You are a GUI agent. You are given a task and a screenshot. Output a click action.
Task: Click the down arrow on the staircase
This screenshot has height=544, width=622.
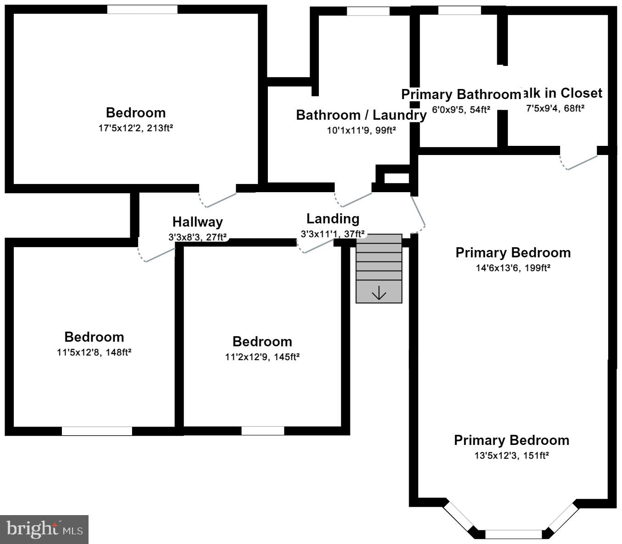[x=379, y=293]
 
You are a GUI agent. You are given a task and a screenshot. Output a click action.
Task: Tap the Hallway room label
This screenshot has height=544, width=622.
[x=198, y=222]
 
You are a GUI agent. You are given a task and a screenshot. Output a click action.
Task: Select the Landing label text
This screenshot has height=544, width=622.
[x=333, y=219]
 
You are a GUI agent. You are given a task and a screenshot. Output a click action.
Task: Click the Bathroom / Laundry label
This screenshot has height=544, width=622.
[x=361, y=115]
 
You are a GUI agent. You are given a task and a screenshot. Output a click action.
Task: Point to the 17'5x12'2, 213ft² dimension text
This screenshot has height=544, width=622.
[x=136, y=128]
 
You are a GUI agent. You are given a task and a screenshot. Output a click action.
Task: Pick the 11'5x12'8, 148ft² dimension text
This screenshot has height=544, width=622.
[x=94, y=352]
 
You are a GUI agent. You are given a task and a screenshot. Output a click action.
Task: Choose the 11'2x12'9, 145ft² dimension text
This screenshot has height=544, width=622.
[x=262, y=357]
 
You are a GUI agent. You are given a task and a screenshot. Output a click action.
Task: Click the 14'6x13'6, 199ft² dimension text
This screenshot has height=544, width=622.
[x=513, y=268]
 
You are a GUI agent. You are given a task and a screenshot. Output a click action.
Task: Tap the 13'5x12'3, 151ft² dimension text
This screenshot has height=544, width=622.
[x=512, y=455]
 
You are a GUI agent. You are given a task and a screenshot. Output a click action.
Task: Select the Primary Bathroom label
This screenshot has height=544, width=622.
[x=461, y=94]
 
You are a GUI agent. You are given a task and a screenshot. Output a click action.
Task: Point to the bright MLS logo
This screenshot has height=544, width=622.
[x=44, y=529]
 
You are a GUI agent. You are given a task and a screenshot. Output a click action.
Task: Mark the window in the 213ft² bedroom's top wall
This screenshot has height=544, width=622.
[x=142, y=10]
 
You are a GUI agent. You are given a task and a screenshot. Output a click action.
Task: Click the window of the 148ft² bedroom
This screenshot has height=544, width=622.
[x=97, y=431]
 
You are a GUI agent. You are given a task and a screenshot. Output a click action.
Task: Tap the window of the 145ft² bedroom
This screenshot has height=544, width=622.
[x=262, y=431]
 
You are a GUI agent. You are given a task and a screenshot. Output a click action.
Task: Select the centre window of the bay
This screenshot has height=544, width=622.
[x=513, y=534]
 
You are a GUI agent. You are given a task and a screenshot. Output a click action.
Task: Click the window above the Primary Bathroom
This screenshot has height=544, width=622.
[x=460, y=11]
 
